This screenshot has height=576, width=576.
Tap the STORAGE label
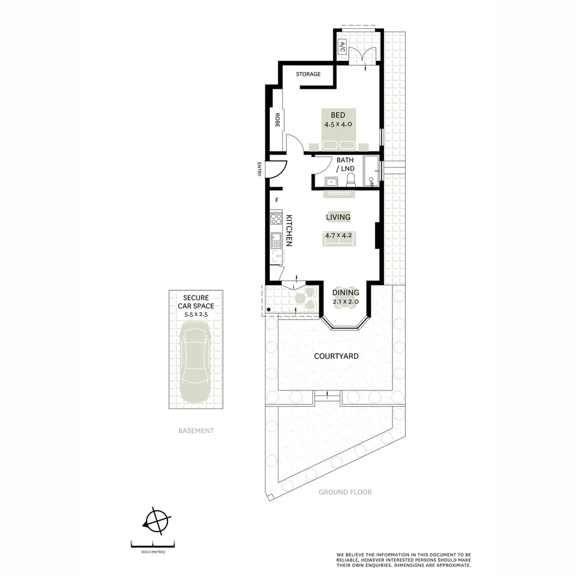point(308,74)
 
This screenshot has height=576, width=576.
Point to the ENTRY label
point(259,169)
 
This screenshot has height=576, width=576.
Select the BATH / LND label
point(345,164)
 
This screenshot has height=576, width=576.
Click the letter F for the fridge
point(277,201)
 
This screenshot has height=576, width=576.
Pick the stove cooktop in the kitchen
point(276,219)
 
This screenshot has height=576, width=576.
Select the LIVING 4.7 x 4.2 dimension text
point(338,235)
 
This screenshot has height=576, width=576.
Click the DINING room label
point(346,293)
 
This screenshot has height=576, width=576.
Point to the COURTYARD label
point(336,356)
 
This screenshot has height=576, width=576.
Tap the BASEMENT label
point(196,431)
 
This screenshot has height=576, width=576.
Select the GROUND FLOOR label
point(345,492)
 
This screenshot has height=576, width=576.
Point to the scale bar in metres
point(153,545)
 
